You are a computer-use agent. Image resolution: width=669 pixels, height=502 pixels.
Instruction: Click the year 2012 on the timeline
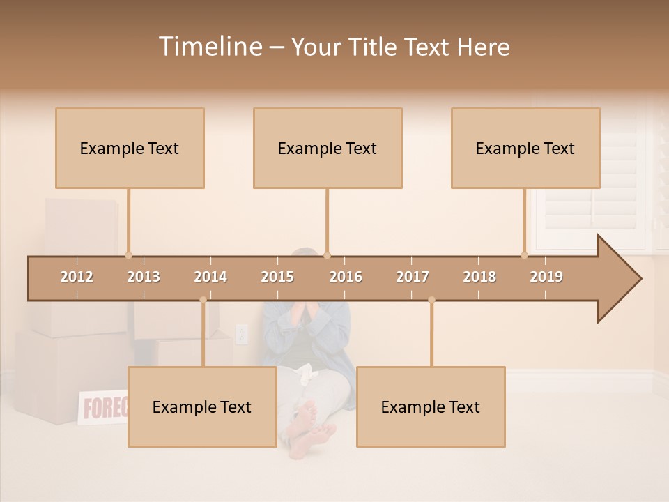click(x=77, y=277)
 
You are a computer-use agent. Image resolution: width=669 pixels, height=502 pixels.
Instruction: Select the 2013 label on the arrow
click(x=144, y=277)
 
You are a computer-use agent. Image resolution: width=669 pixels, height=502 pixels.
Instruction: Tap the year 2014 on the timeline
click(x=210, y=277)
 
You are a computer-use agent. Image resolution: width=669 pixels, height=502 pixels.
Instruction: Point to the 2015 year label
click(x=277, y=277)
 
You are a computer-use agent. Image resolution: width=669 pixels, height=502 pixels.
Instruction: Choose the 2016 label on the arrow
click(x=346, y=277)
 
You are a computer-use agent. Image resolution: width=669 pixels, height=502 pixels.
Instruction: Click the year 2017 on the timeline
click(x=413, y=277)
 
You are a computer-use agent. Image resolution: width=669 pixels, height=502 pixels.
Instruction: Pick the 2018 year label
click(x=479, y=277)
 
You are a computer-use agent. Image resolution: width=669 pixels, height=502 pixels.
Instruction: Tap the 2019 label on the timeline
click(x=546, y=277)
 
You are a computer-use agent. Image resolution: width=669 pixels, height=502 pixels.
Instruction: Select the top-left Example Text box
click(x=130, y=148)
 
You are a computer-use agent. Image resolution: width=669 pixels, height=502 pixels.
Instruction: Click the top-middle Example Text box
click(x=328, y=148)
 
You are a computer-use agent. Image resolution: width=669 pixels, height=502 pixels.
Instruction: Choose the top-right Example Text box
click(x=525, y=148)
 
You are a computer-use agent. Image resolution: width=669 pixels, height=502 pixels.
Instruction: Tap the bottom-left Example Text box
click(x=202, y=406)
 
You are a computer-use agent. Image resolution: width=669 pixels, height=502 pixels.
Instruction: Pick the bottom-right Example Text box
click(x=431, y=406)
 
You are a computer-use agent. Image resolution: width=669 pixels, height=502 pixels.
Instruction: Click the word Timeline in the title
click(x=208, y=47)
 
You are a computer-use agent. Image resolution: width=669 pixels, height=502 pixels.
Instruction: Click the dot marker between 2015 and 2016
click(x=327, y=255)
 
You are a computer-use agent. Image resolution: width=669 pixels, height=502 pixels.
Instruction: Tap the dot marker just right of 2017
click(x=431, y=300)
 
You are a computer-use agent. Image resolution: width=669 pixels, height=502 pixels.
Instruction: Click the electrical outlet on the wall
click(x=242, y=335)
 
